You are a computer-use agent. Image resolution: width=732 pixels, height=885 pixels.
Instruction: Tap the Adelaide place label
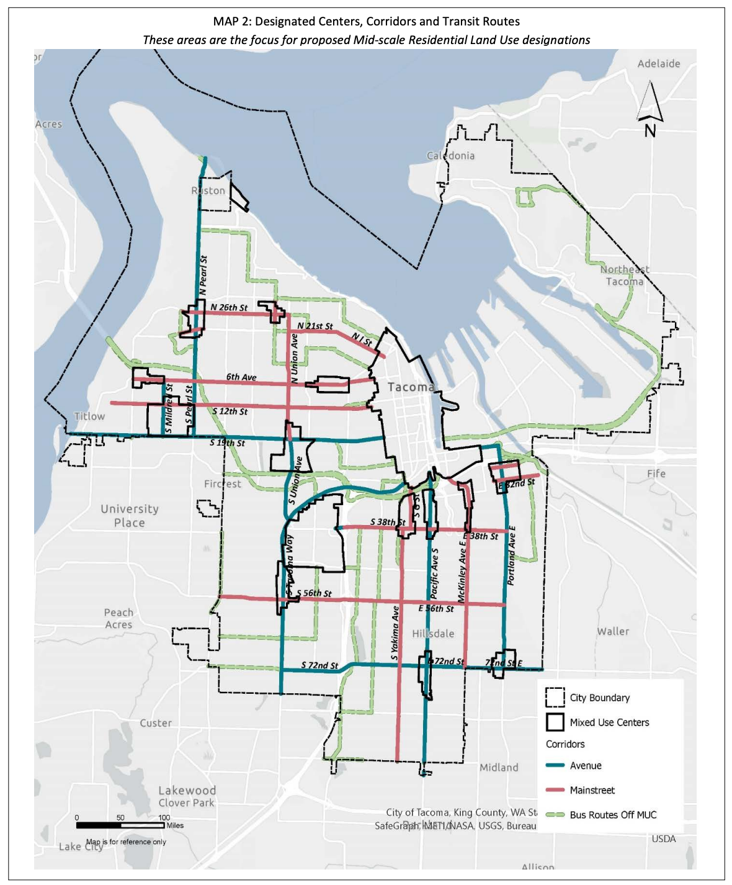(658, 64)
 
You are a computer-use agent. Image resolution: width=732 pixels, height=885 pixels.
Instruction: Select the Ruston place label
(208, 191)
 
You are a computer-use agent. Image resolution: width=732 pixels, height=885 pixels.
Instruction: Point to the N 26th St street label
(228, 307)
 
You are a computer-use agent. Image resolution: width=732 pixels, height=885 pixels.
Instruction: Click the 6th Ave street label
(241, 377)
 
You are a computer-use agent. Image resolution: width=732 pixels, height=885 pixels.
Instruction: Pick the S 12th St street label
(230, 411)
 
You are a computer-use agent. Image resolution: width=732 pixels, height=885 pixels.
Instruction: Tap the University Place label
(130, 516)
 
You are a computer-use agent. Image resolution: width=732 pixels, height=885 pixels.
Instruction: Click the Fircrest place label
(222, 483)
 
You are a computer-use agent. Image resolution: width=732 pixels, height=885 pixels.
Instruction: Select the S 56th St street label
(314, 593)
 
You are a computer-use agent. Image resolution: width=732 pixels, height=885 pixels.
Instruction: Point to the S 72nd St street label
(319, 665)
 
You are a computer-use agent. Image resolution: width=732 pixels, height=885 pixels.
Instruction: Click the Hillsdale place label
(433, 634)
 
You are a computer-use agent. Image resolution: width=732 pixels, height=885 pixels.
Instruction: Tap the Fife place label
(656, 474)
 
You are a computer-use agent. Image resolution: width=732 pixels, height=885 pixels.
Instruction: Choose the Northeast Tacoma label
(625, 275)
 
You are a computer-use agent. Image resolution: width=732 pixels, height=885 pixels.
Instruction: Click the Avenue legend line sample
(555, 766)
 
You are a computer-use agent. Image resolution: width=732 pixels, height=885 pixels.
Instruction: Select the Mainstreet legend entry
(592, 790)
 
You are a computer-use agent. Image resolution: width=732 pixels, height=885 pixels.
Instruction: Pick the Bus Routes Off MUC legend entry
(612, 815)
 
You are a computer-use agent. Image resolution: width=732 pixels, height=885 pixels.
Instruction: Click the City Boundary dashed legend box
(555, 698)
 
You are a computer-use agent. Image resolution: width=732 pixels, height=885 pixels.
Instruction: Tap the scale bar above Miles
(120, 825)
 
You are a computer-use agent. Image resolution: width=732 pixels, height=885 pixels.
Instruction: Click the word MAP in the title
(225, 22)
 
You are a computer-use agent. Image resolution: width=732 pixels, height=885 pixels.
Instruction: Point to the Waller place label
(613, 631)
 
